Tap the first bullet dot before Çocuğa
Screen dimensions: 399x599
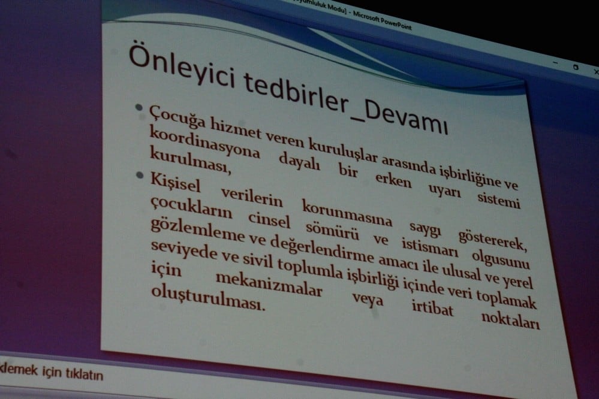pos(140,109)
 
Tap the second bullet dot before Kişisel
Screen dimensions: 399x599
pos(140,176)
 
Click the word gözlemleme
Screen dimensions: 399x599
pos(183,231)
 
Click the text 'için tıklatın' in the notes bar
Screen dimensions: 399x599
pos(72,375)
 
